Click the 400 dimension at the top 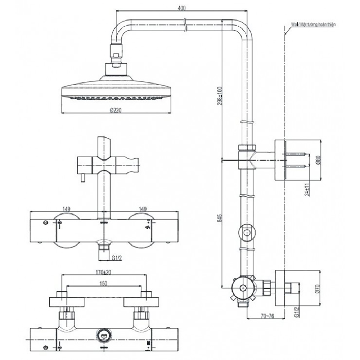[x=182, y=9]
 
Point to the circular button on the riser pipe [x=246, y=233]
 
